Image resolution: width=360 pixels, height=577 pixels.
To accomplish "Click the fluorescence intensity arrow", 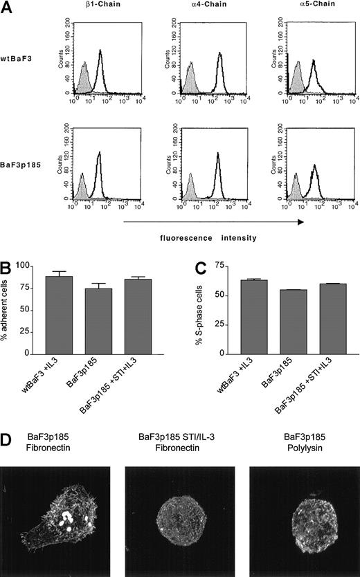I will point(213,222).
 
